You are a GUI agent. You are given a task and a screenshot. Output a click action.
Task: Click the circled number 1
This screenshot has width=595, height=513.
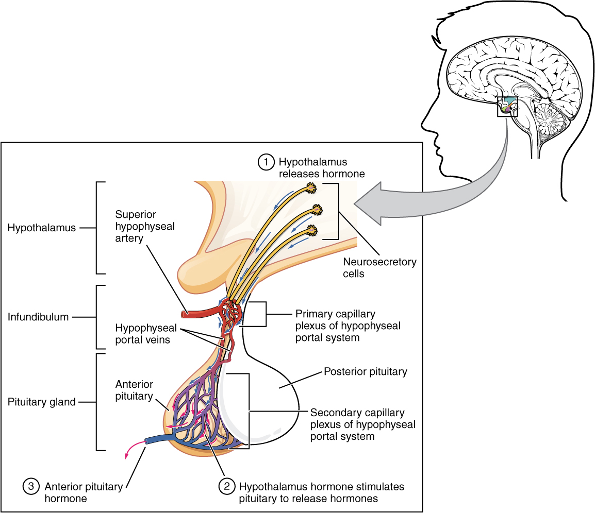click(266, 162)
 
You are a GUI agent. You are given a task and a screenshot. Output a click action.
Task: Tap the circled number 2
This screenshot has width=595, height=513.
click(226, 486)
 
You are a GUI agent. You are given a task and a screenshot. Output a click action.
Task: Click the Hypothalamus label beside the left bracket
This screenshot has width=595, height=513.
click(42, 228)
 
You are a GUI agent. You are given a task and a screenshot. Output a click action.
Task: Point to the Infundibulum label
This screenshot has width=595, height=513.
click(38, 317)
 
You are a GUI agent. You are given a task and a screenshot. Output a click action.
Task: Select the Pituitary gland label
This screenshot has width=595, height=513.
click(42, 402)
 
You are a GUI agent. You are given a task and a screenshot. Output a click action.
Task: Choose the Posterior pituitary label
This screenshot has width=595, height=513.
click(365, 371)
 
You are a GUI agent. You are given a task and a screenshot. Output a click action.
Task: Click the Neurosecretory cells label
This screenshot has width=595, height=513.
click(379, 268)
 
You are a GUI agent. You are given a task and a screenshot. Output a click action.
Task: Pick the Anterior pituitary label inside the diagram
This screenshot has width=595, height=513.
click(134, 390)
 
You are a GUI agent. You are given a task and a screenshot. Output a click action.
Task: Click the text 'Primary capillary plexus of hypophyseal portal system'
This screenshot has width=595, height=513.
click(348, 326)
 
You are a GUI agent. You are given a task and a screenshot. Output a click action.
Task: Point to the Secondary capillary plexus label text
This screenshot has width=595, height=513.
click(362, 425)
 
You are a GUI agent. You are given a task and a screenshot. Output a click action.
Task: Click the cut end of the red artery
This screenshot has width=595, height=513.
click(185, 314)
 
